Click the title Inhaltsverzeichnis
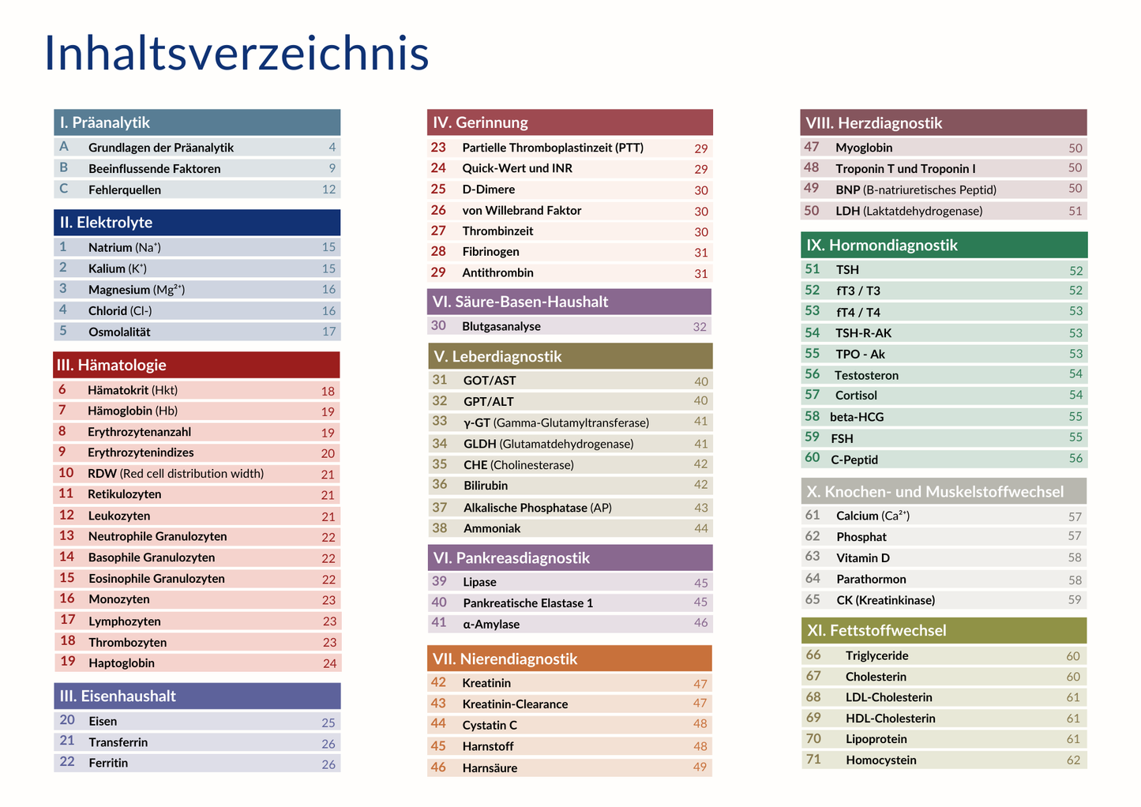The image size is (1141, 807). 236,54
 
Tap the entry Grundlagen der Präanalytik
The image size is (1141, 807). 161,148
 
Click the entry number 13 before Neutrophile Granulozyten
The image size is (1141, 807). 66,536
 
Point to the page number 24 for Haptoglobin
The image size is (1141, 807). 329,663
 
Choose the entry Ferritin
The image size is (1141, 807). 108,763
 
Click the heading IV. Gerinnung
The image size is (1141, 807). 480,122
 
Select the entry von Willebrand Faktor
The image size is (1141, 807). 522,211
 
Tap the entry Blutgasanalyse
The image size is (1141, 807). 501,326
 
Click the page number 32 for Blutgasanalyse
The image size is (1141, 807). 700,327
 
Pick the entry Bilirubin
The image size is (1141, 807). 486,486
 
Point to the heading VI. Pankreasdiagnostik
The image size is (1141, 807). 512,558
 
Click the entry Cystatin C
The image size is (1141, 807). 490,725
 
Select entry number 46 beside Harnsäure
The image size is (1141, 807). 438,768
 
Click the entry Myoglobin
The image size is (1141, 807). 864,148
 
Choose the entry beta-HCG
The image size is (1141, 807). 857,417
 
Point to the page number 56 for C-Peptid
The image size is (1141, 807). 1075,459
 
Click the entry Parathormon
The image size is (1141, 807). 871,580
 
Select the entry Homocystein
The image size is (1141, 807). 881,760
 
